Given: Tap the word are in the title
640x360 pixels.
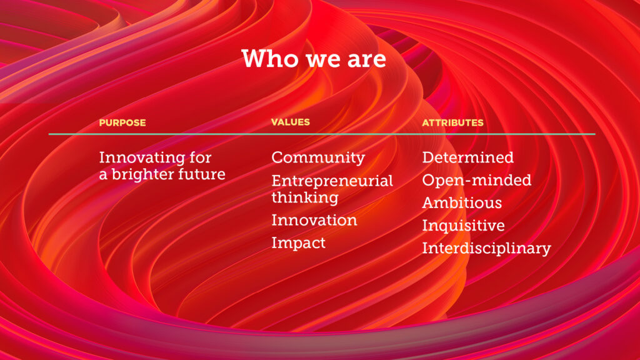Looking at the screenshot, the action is click(366, 60).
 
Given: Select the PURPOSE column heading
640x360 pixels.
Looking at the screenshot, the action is click(122, 122).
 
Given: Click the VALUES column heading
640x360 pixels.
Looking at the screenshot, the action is click(291, 122).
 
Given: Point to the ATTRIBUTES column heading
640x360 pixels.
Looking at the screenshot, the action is click(452, 122).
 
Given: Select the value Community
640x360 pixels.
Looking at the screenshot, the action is click(318, 158).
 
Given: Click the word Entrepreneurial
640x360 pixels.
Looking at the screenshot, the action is click(332, 181).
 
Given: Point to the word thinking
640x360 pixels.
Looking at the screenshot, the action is click(305, 198).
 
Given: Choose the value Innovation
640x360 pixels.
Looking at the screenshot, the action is click(314, 221).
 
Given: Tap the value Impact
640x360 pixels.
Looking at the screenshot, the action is click(299, 244).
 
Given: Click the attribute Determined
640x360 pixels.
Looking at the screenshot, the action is click(467, 157).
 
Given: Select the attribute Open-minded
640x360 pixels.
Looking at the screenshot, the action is click(477, 181).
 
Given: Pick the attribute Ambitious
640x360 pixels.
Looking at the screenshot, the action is click(462, 203).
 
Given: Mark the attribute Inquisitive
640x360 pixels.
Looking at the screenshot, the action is click(463, 226).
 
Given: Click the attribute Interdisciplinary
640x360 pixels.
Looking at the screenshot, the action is click(486, 249).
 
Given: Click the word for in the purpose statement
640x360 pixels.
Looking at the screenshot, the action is click(200, 157).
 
